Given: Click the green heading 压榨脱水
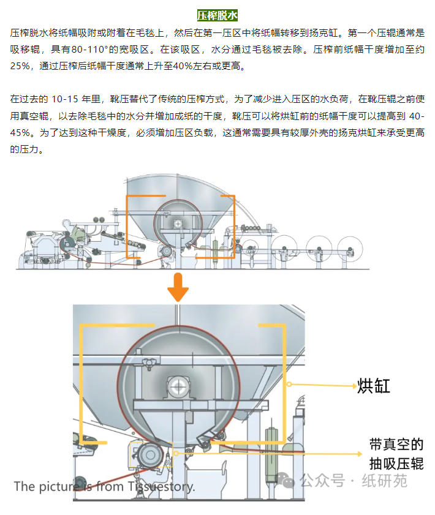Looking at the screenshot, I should coord(217,15).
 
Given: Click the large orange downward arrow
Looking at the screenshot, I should coord(178,286).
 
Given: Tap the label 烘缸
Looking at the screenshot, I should coord(373,386).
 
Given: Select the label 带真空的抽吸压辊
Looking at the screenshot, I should coord(396,454).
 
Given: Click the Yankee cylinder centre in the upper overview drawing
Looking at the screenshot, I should coord(178,224).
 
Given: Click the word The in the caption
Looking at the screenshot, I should coord(25,487).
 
